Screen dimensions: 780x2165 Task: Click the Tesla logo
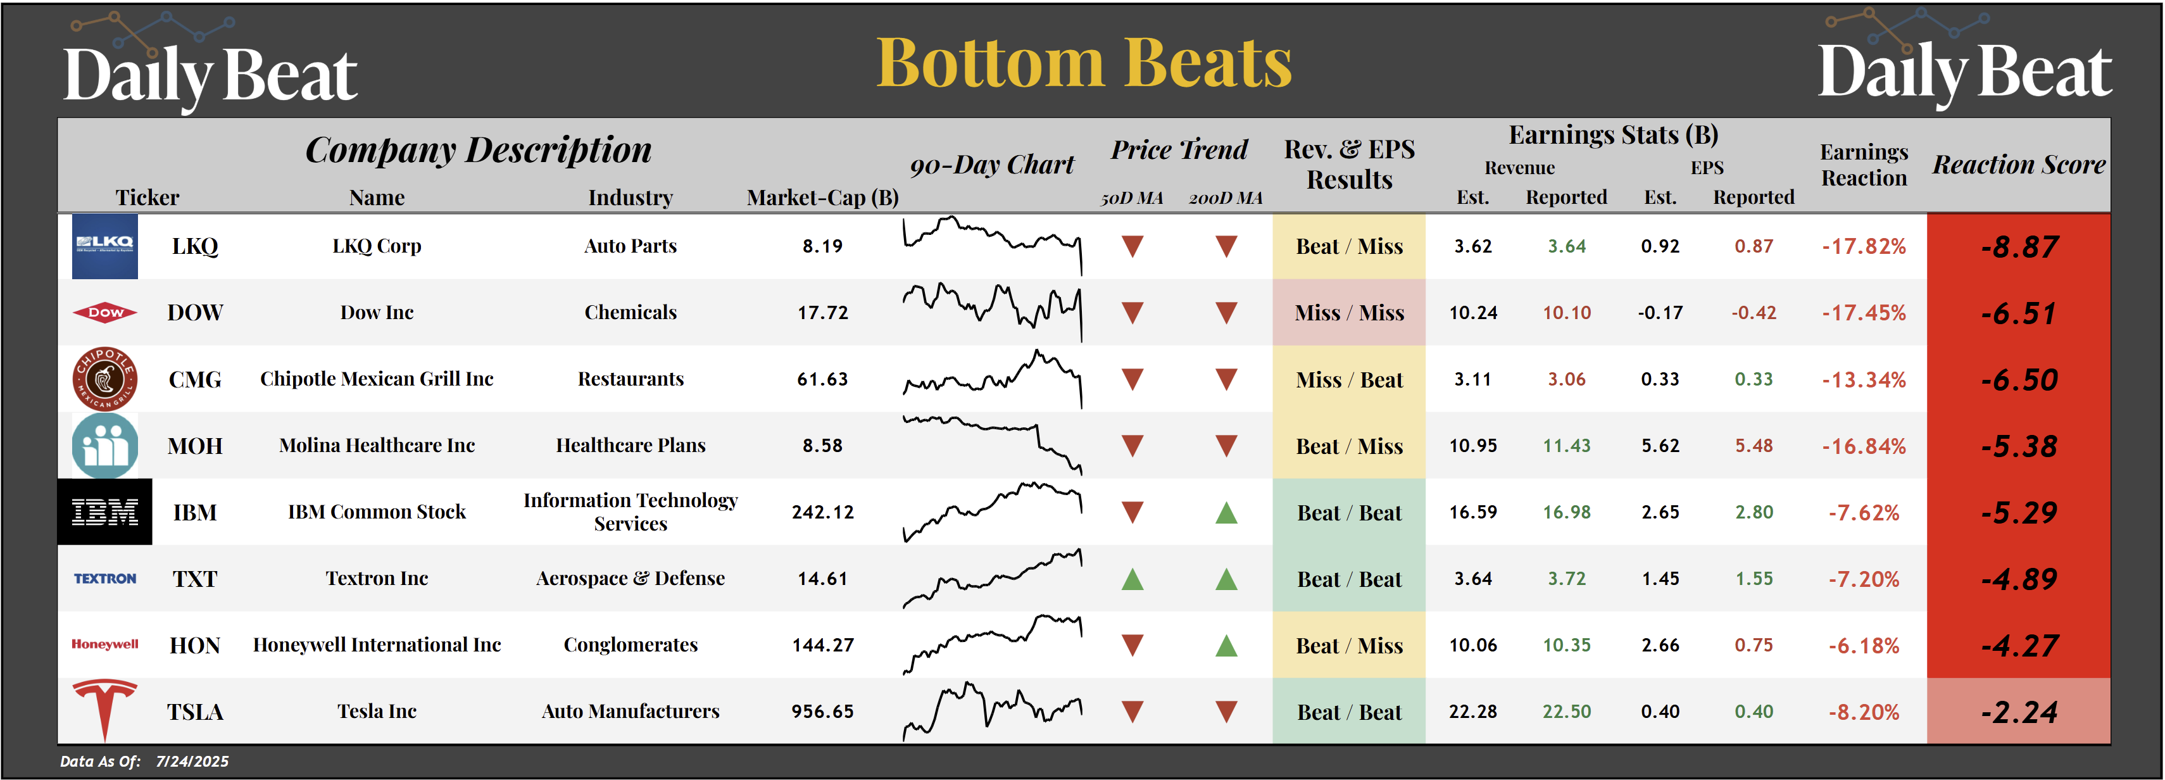[x=104, y=710]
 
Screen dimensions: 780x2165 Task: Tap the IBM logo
[x=104, y=512]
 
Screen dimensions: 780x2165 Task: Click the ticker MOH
[x=195, y=446]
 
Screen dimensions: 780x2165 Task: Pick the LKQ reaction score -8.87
[x=2019, y=247]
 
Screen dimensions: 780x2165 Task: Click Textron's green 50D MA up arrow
[x=1132, y=579]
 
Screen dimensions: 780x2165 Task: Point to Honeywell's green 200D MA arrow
[x=1226, y=646]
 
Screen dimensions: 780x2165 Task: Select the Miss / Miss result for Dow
[x=1349, y=313]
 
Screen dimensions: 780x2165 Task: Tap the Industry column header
[x=631, y=198]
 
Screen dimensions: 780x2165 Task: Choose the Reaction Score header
[x=2019, y=165]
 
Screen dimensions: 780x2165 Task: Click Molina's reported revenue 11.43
[x=1566, y=446]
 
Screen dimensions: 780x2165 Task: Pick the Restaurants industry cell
[x=631, y=379]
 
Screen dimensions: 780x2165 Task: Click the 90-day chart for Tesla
[x=992, y=711]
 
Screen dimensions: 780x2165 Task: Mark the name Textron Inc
[x=377, y=578]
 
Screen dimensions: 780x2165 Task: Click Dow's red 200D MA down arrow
[x=1226, y=313]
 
